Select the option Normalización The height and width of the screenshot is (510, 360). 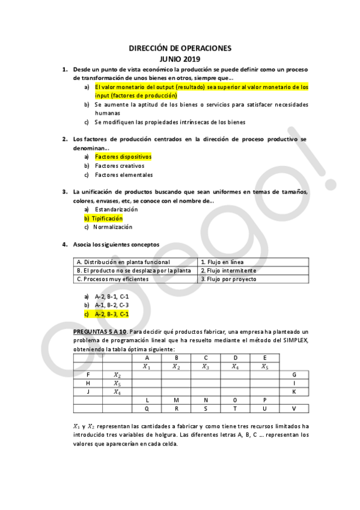click(114, 227)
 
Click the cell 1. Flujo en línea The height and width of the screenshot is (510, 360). click(222, 262)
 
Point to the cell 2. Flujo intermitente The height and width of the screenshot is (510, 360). click(228, 271)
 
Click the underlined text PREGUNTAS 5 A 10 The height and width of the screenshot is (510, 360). click(99, 331)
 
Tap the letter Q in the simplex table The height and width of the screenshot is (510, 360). click(147, 409)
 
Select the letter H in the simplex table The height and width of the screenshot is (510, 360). click(88, 383)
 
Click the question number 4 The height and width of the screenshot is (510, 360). click(65, 245)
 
